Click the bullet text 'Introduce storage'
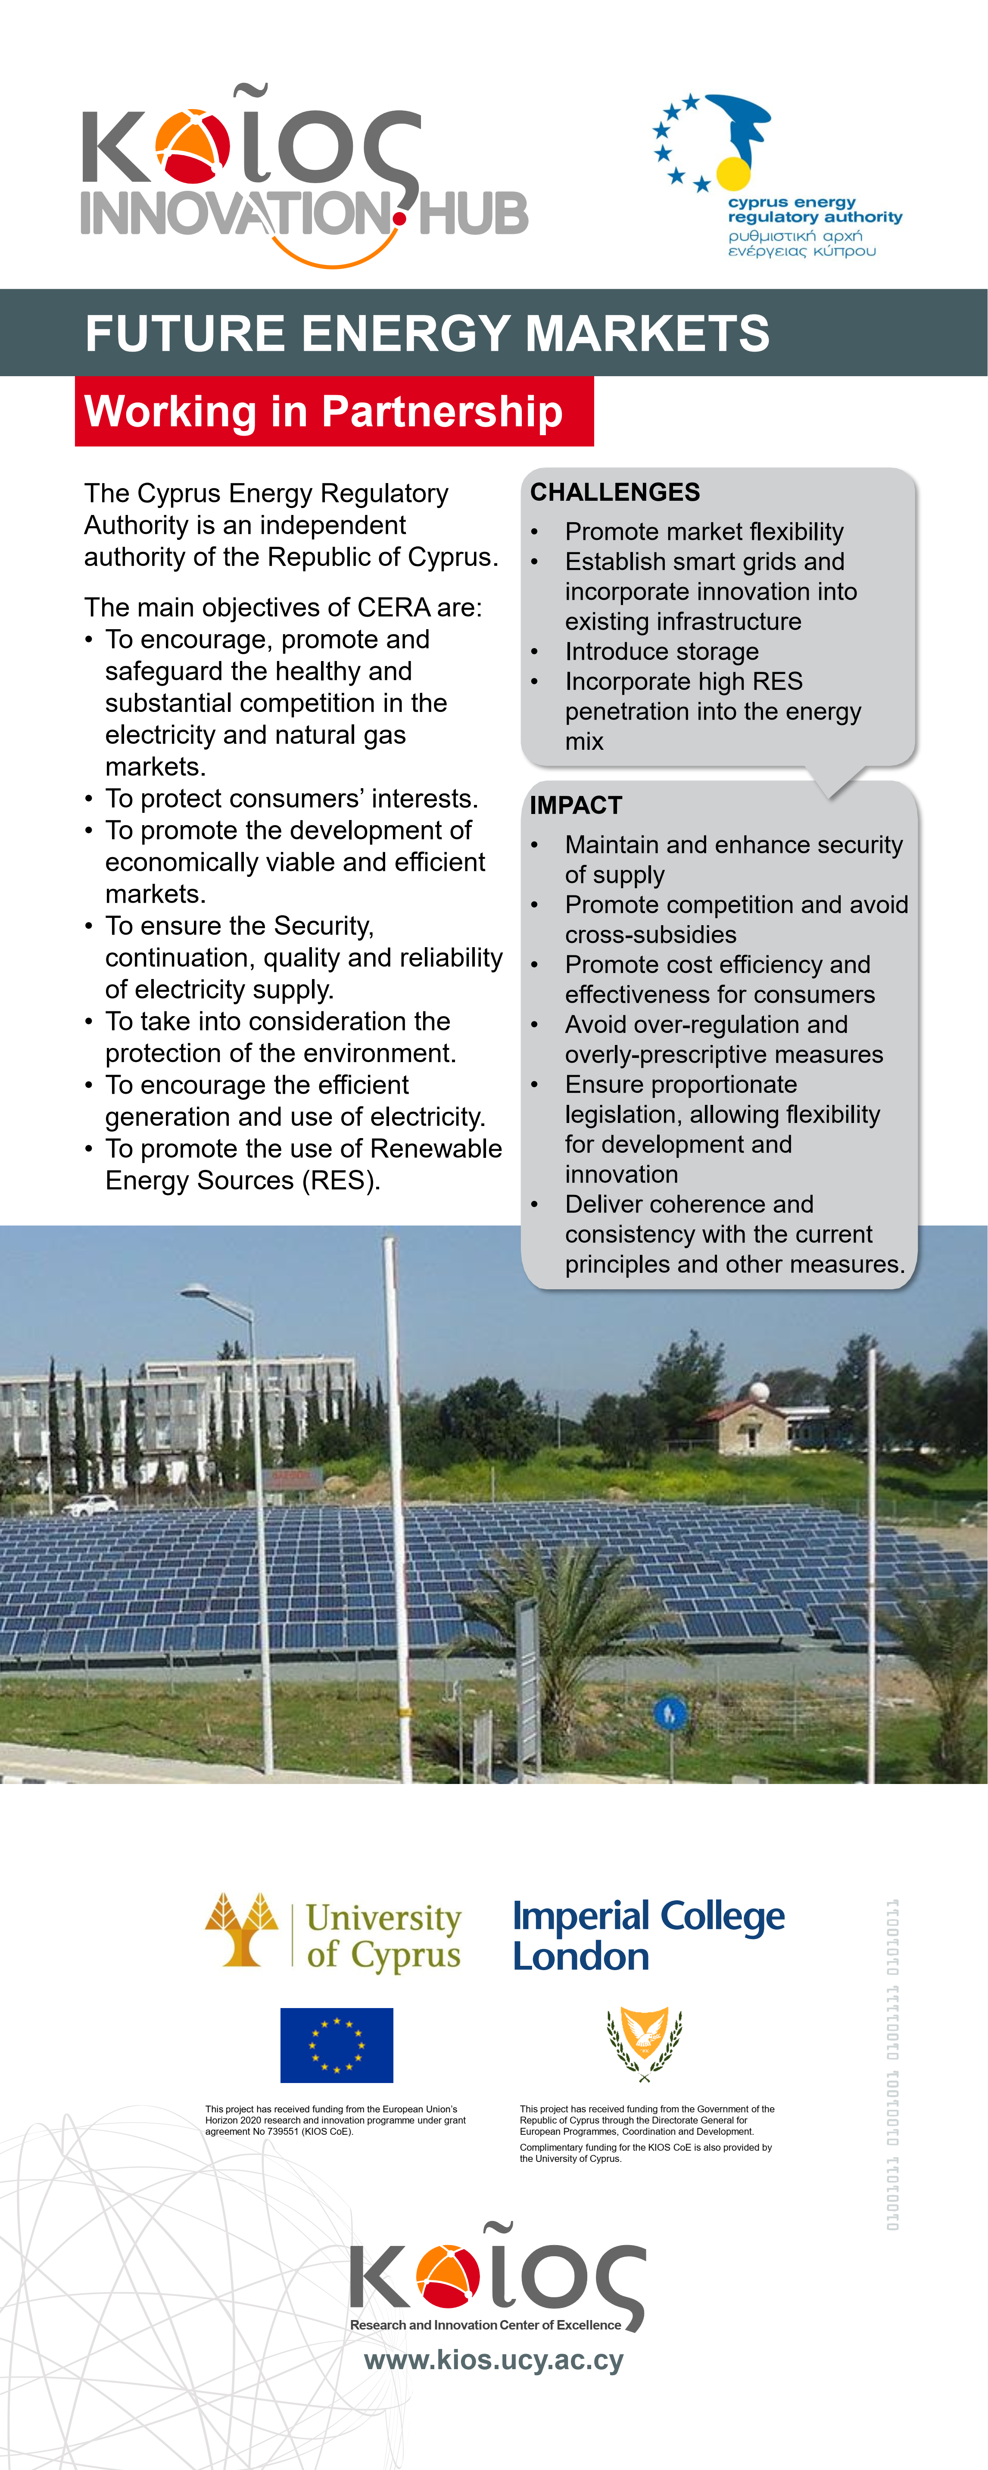[x=662, y=652]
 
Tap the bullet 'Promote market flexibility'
[x=704, y=532]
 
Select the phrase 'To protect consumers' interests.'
[x=292, y=799]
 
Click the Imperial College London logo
[x=648, y=1935]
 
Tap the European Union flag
[x=337, y=2045]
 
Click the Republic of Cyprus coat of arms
[x=645, y=2045]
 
